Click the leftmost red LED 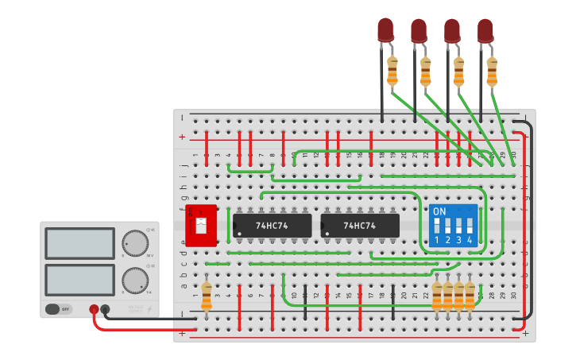coord(385,29)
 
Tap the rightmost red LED coord(485,30)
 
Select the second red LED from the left coord(419,30)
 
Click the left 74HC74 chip coord(272,225)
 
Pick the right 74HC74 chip coord(360,225)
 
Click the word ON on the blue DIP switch coord(439,212)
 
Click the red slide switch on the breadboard coord(200,225)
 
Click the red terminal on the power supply coord(94,309)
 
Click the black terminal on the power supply coord(105,309)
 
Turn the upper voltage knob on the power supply coord(134,242)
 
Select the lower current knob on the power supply coord(134,279)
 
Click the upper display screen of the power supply coord(79,243)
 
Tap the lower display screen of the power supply coord(79,280)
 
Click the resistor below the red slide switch coord(207,295)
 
